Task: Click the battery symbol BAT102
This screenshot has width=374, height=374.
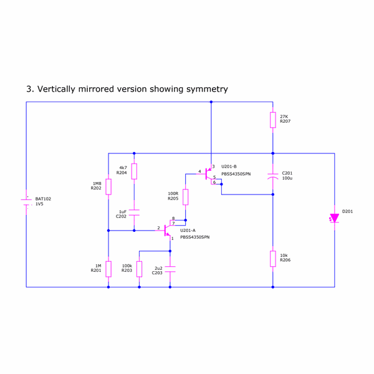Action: click(x=26, y=201)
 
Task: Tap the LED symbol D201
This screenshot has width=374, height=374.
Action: click(x=335, y=218)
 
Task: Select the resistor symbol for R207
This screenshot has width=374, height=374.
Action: click(x=273, y=120)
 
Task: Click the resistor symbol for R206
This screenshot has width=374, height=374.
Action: click(x=273, y=258)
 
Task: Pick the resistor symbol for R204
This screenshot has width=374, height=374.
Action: click(x=134, y=171)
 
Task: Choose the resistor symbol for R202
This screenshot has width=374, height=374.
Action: click(x=108, y=186)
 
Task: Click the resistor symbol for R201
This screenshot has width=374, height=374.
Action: click(x=108, y=269)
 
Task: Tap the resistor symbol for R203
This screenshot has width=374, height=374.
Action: click(x=139, y=269)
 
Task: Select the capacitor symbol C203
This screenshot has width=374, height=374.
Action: click(x=170, y=269)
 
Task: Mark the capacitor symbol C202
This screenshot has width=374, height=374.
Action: click(x=134, y=213)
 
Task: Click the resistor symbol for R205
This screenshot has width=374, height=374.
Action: click(x=185, y=197)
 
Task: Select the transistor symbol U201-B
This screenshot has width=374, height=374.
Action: click(x=208, y=175)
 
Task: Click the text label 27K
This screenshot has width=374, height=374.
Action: click(x=284, y=117)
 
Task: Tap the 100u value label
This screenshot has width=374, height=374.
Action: click(x=287, y=178)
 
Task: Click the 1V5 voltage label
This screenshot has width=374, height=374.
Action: click(x=39, y=204)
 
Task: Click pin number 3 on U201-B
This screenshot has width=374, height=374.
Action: click(x=213, y=166)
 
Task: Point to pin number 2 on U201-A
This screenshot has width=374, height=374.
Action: click(x=158, y=228)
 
